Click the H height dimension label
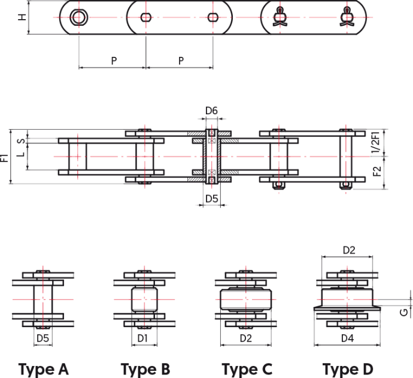pos(22,17)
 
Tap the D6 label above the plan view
pos(211,111)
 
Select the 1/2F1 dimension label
pos(376,142)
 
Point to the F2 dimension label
pos(377,172)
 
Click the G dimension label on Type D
pos(403,312)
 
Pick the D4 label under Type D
pos(347,338)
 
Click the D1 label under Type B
pos(142,338)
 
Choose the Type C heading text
pos(247,369)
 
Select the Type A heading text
pos(44,369)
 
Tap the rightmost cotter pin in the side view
pos(347,17)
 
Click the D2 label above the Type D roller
pos(349,250)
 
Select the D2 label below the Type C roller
pos(246,338)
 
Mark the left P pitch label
pos(114,61)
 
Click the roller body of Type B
pos(144,300)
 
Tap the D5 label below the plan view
pos(211,199)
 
